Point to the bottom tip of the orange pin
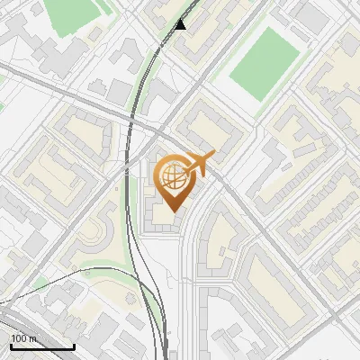tap(174, 211)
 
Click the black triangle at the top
tap(181, 23)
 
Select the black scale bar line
tap(42, 346)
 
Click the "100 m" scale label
tap(24, 338)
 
